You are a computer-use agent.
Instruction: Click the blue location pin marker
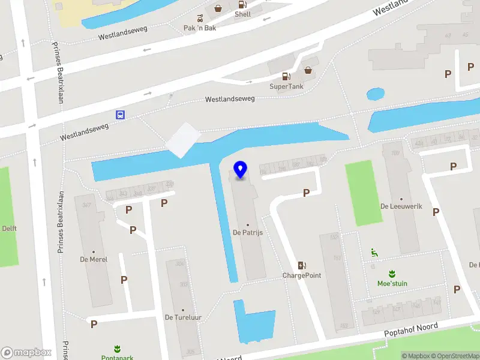[241, 170]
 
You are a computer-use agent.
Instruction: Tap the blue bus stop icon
[121, 115]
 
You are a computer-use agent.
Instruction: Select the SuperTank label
[286, 86]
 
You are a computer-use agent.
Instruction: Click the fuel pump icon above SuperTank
[286, 76]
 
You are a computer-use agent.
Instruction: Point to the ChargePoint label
[302, 275]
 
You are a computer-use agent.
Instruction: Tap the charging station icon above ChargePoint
[302, 265]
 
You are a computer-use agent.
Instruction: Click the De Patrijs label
[248, 232]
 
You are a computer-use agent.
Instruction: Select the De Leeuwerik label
[401, 206]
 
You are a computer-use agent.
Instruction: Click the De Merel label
[93, 259]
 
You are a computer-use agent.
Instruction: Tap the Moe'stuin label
[392, 284]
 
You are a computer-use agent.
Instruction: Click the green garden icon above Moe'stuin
[392, 274]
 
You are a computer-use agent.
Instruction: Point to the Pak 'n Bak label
[200, 28]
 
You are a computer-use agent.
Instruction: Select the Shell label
[242, 14]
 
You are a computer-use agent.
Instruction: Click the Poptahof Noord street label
[411, 330]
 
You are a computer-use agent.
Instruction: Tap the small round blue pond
[375, 94]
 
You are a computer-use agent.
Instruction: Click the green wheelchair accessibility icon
[374, 253]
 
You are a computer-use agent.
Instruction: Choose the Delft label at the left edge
[9, 229]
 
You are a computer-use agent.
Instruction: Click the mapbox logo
[26, 352]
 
